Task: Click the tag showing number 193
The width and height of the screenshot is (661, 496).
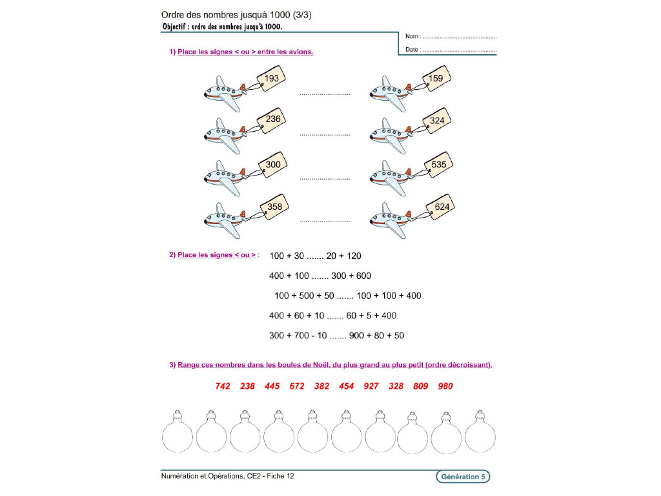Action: [x=272, y=79]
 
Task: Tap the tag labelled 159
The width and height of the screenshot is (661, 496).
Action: [x=436, y=79]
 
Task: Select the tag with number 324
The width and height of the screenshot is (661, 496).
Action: [x=437, y=121]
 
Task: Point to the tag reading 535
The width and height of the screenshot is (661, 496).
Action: [x=438, y=165]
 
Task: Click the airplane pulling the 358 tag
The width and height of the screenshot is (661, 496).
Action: [x=223, y=218]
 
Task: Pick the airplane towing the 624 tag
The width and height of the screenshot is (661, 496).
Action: [x=390, y=218]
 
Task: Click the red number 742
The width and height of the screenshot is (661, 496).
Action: [x=223, y=386]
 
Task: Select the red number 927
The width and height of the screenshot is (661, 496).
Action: [x=371, y=386]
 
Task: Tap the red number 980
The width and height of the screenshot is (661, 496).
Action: [x=445, y=386]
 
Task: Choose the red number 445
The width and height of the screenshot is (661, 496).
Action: [x=272, y=386]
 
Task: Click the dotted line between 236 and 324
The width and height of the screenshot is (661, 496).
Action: [x=325, y=135]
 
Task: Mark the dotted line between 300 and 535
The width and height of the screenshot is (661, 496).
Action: [x=325, y=178]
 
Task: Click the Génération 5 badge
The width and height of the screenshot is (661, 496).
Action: [x=462, y=477]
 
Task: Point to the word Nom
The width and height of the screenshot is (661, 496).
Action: [x=412, y=37]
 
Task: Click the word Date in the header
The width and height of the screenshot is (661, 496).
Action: [x=412, y=50]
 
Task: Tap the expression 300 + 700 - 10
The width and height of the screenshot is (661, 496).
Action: [x=298, y=336]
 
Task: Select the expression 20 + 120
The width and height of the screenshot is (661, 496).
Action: [x=343, y=256]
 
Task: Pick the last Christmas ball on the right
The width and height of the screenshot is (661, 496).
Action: [x=480, y=435]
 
